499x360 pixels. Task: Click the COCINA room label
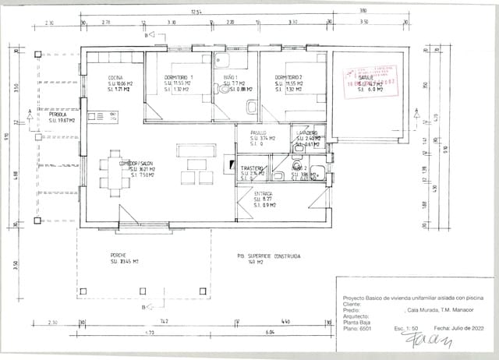[x=115, y=77]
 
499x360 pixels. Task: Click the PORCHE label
[x=119, y=255]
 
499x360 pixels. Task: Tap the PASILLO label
[x=258, y=132]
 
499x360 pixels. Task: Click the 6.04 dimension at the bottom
[x=270, y=332]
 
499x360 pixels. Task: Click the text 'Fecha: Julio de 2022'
[x=458, y=329]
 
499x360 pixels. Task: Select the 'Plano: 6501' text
[x=358, y=329]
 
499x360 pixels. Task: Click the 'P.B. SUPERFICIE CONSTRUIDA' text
[x=269, y=256]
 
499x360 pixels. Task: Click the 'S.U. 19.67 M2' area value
[x=62, y=121]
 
